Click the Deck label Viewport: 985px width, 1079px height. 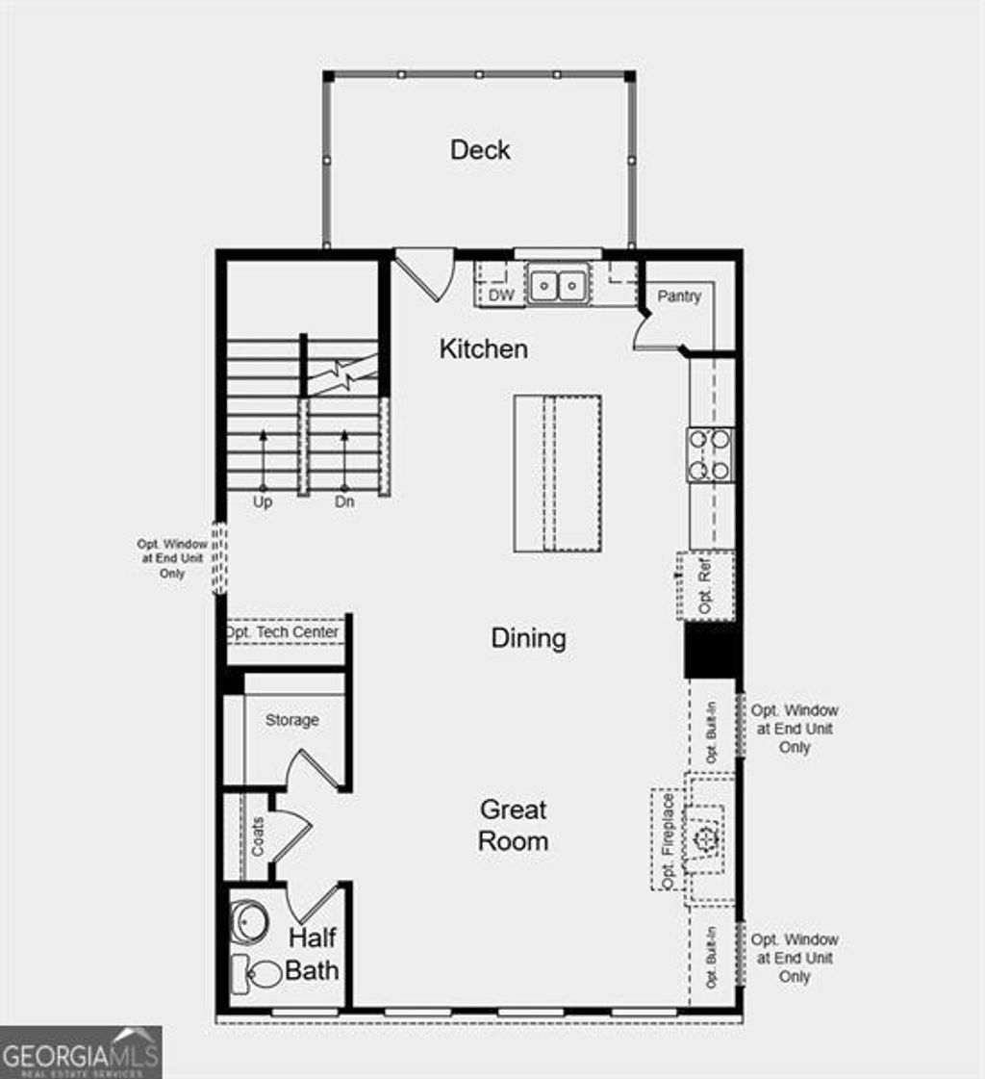click(480, 150)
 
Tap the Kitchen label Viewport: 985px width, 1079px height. click(483, 348)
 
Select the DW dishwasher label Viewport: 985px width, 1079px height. click(501, 295)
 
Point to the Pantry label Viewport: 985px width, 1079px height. click(679, 296)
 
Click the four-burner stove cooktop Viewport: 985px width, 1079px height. click(710, 454)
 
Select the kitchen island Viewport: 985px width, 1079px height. click(558, 473)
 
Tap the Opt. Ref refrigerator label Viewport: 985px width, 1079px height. click(705, 586)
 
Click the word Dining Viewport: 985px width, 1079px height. click(528, 638)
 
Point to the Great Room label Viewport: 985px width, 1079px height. click(514, 825)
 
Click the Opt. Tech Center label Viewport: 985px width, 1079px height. click(282, 632)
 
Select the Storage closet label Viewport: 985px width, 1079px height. click(291, 720)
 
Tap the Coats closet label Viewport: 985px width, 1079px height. click(258, 837)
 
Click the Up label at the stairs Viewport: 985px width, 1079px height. click(263, 502)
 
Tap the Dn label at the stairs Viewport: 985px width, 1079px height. click(344, 502)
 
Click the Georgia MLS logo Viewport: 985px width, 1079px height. click(81, 1051)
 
